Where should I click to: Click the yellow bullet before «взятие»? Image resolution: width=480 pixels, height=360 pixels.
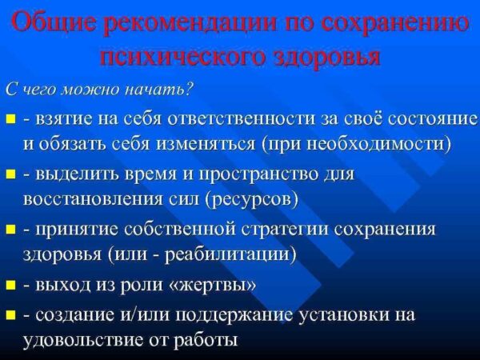click(10, 118)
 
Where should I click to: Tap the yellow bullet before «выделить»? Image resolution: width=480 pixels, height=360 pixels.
click(10, 174)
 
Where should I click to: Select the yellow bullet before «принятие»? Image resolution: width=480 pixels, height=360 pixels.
click(10, 230)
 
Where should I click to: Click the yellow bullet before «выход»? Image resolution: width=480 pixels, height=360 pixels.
click(10, 286)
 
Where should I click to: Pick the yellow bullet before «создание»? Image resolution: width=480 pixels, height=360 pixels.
click(10, 314)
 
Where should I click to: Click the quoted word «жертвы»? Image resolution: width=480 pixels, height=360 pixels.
click(212, 286)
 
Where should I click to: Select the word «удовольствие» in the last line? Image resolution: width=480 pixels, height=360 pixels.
click(82, 340)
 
